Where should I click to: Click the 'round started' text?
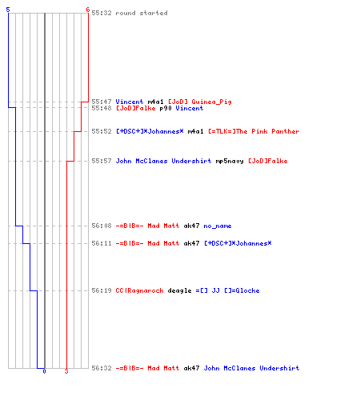[142, 13]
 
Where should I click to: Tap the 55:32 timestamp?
[102, 13]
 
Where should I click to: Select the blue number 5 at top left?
[8, 10]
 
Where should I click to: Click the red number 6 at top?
[88, 10]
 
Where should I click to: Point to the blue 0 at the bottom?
[44, 371]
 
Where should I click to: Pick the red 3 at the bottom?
[66, 371]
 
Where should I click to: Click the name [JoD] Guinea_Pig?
[200, 102]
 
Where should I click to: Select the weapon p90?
[166, 108]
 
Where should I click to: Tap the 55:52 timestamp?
[102, 131]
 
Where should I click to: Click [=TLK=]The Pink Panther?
[254, 131]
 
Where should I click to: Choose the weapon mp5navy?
[230, 161]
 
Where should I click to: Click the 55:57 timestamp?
[102, 161]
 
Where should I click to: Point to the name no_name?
[218, 226]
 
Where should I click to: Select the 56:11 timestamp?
[102, 243]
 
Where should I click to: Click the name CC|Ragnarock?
[139, 290]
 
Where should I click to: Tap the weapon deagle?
[179, 290]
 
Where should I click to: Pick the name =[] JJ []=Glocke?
[227, 290]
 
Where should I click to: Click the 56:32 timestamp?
[102, 368]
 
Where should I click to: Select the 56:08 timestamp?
[102, 226]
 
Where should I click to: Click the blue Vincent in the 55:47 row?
[130, 102]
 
